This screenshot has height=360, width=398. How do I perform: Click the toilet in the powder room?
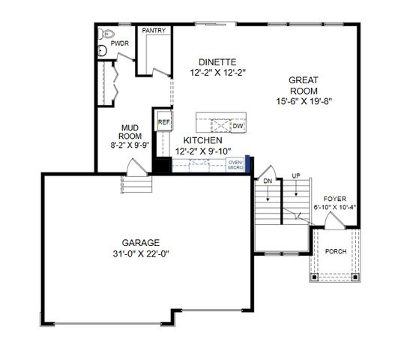(x=106, y=34)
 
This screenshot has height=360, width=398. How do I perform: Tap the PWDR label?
(x=120, y=44)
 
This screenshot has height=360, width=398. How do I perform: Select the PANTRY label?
(x=154, y=31)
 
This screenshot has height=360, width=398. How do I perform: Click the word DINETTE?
(x=217, y=62)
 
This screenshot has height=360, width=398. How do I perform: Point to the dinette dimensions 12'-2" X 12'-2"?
(x=217, y=73)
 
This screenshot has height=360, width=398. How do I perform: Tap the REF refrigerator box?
(x=163, y=119)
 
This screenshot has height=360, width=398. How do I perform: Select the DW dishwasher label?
(x=237, y=127)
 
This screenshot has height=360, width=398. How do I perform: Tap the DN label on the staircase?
(x=267, y=181)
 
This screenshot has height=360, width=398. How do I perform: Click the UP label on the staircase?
(x=296, y=176)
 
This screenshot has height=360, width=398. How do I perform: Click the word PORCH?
(x=335, y=251)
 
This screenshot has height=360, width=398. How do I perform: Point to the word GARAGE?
(x=141, y=242)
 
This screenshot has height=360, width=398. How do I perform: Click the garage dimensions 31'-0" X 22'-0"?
(x=141, y=253)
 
